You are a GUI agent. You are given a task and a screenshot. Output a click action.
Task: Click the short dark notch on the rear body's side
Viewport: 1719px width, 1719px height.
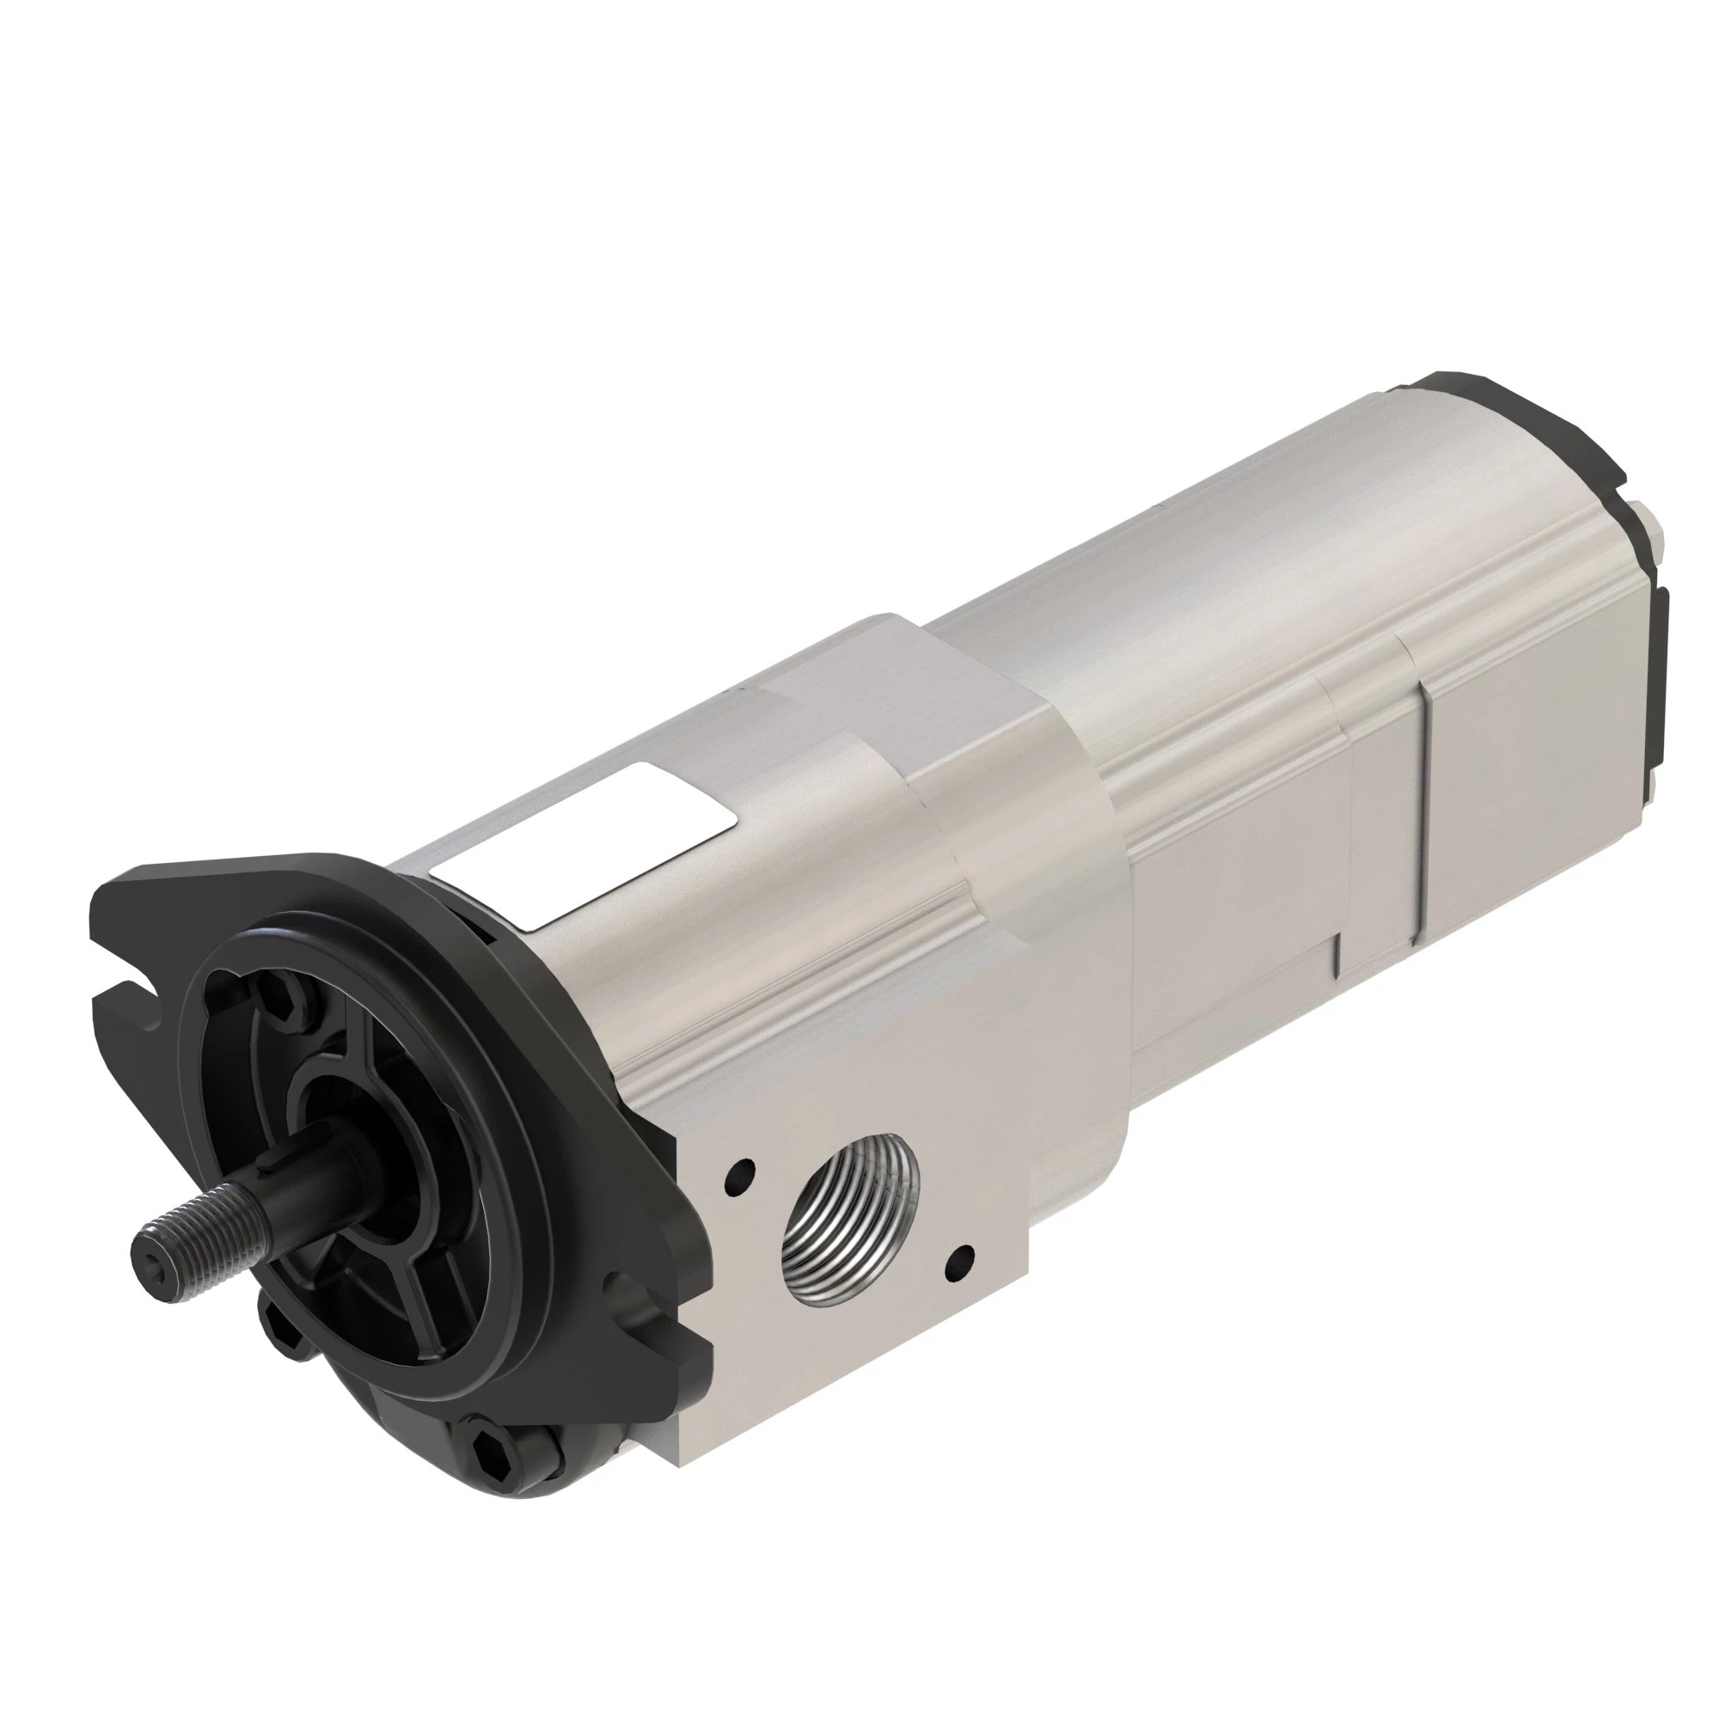click(x=1337, y=956)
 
